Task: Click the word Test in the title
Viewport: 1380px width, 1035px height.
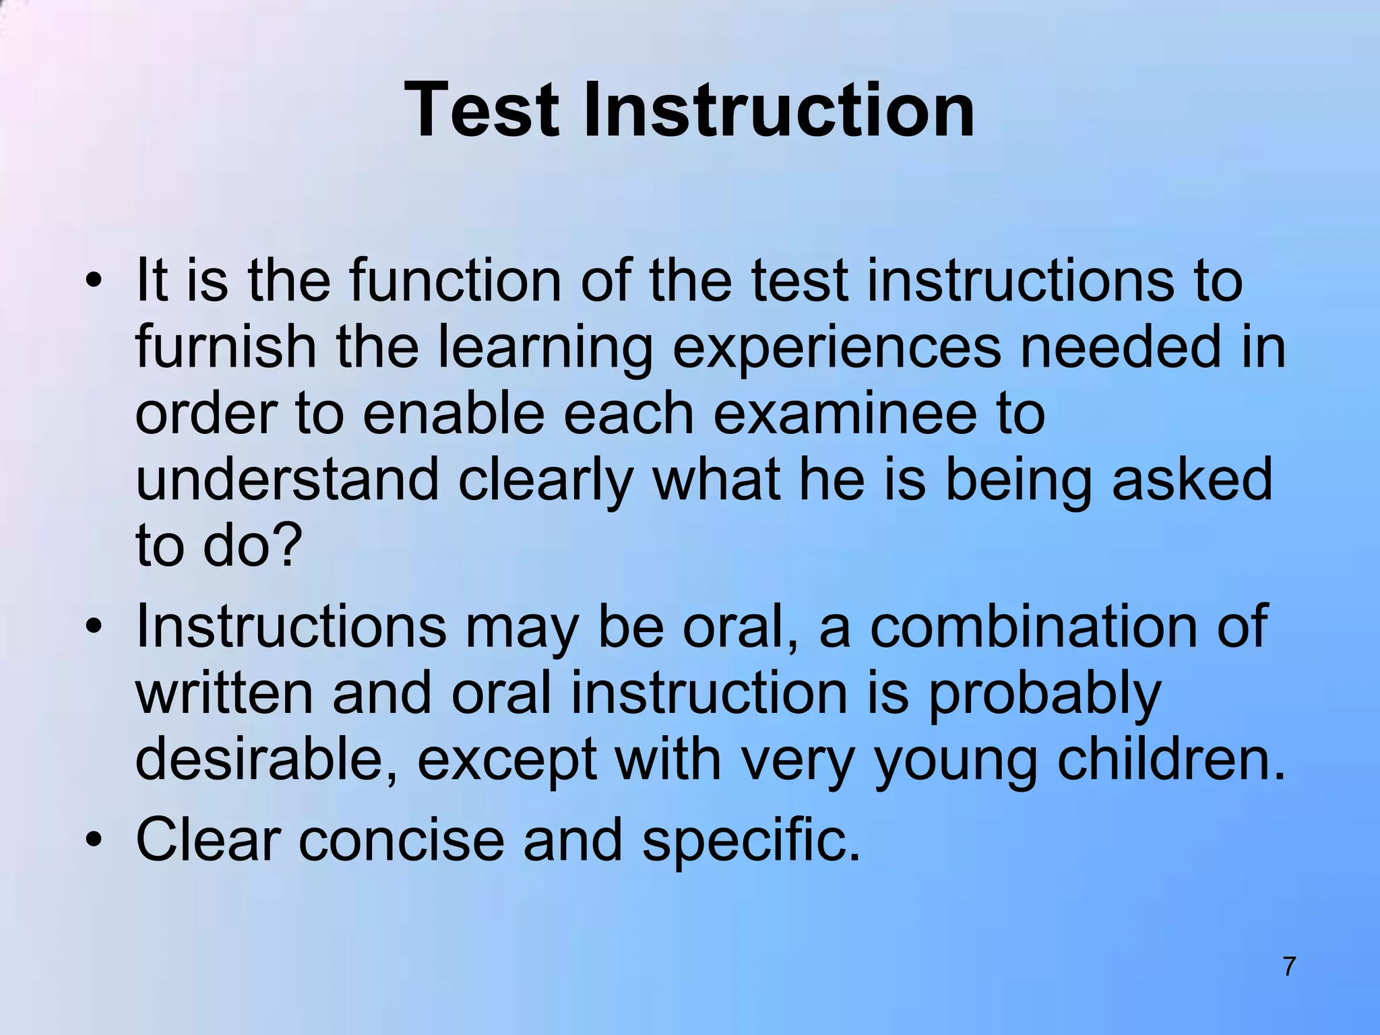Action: (x=482, y=110)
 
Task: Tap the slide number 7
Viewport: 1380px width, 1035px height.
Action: (x=1288, y=966)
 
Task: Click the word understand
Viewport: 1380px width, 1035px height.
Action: (x=287, y=480)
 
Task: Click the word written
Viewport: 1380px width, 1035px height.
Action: (x=224, y=693)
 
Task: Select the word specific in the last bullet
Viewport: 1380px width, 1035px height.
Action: (x=751, y=842)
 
